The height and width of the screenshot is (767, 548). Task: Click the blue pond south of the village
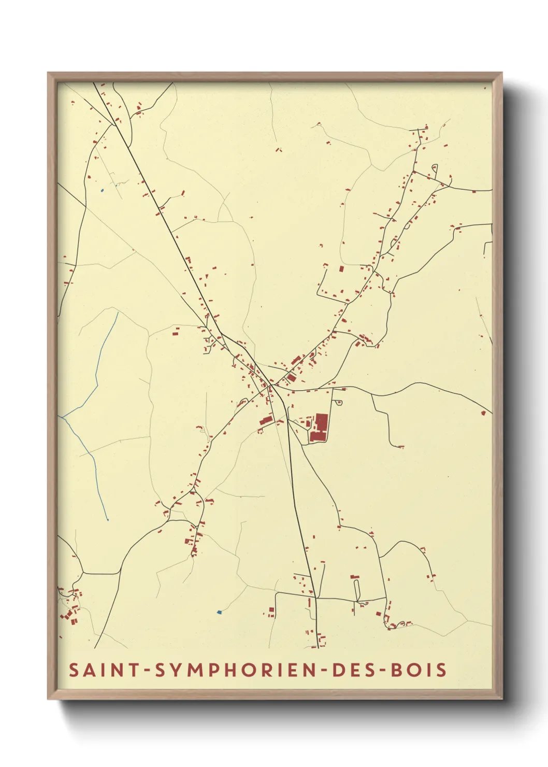coord(219,612)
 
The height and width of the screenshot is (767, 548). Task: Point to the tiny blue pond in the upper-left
coord(102,191)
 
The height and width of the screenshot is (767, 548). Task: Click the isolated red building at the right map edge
coord(483,413)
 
